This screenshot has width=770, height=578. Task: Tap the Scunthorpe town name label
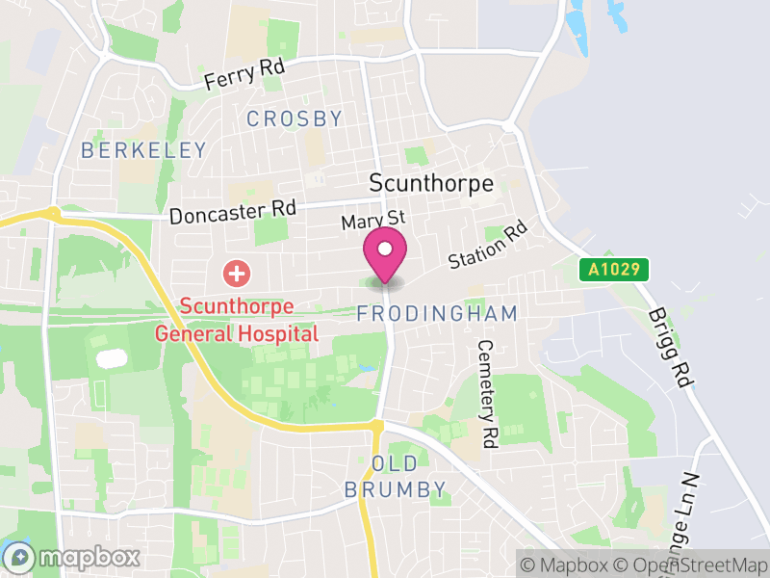click(431, 183)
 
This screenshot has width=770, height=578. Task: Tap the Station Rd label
click(490, 246)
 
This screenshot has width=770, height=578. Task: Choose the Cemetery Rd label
click(487, 394)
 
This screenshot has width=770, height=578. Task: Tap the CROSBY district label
click(295, 119)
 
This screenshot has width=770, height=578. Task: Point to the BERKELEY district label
click(143, 150)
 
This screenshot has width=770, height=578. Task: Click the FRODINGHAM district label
click(437, 314)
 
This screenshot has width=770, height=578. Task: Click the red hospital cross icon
click(235, 274)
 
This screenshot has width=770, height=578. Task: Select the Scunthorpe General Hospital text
click(248, 320)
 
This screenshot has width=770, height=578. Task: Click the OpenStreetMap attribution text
click(690, 564)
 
